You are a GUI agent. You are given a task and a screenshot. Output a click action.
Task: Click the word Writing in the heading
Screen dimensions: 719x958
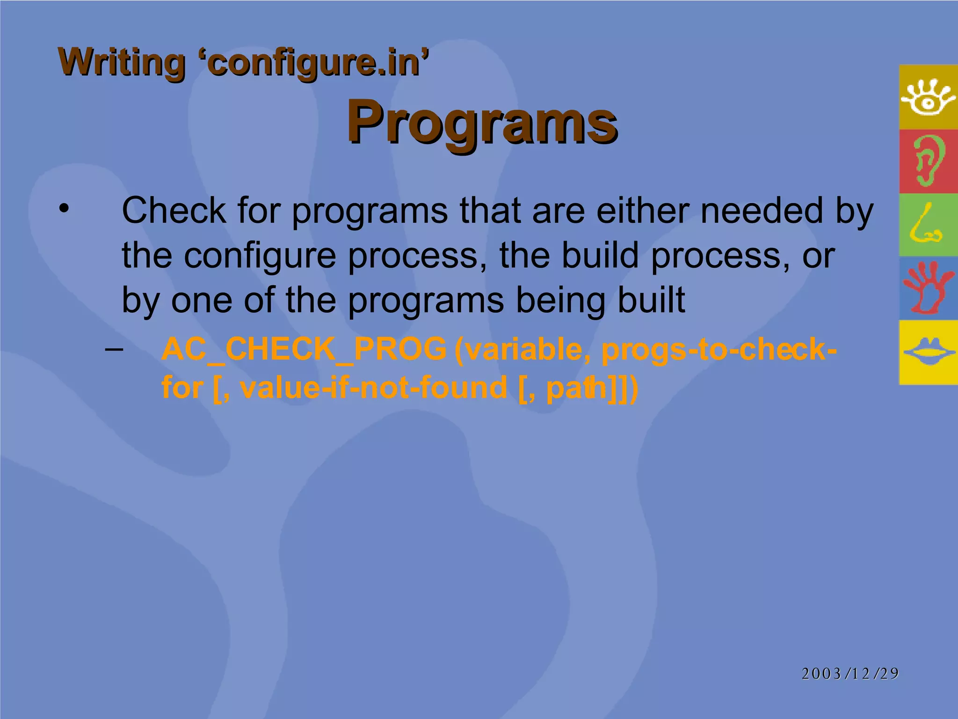coord(122,63)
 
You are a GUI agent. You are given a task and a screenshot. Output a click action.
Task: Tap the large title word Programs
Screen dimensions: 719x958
coord(482,123)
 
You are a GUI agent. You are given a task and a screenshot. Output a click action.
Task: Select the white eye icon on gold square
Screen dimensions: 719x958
coord(928,97)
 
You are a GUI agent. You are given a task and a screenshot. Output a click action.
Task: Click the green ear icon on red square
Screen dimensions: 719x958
coord(928,161)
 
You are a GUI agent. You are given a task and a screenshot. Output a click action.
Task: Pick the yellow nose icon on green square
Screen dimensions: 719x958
coord(926,225)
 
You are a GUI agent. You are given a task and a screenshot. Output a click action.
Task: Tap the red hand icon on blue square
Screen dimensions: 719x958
coord(928,288)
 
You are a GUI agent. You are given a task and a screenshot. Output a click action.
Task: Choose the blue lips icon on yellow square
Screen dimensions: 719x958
coord(928,352)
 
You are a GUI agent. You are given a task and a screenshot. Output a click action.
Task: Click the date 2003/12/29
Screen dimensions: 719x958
coord(850,674)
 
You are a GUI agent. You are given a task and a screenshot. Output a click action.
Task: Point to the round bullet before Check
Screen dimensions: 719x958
coord(64,209)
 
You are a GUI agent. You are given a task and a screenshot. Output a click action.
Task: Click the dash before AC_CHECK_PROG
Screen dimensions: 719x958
coord(114,349)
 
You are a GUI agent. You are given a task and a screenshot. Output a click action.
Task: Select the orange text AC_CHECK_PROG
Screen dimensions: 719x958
coord(304,349)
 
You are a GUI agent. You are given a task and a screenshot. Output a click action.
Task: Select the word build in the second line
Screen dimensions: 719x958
coord(600,256)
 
